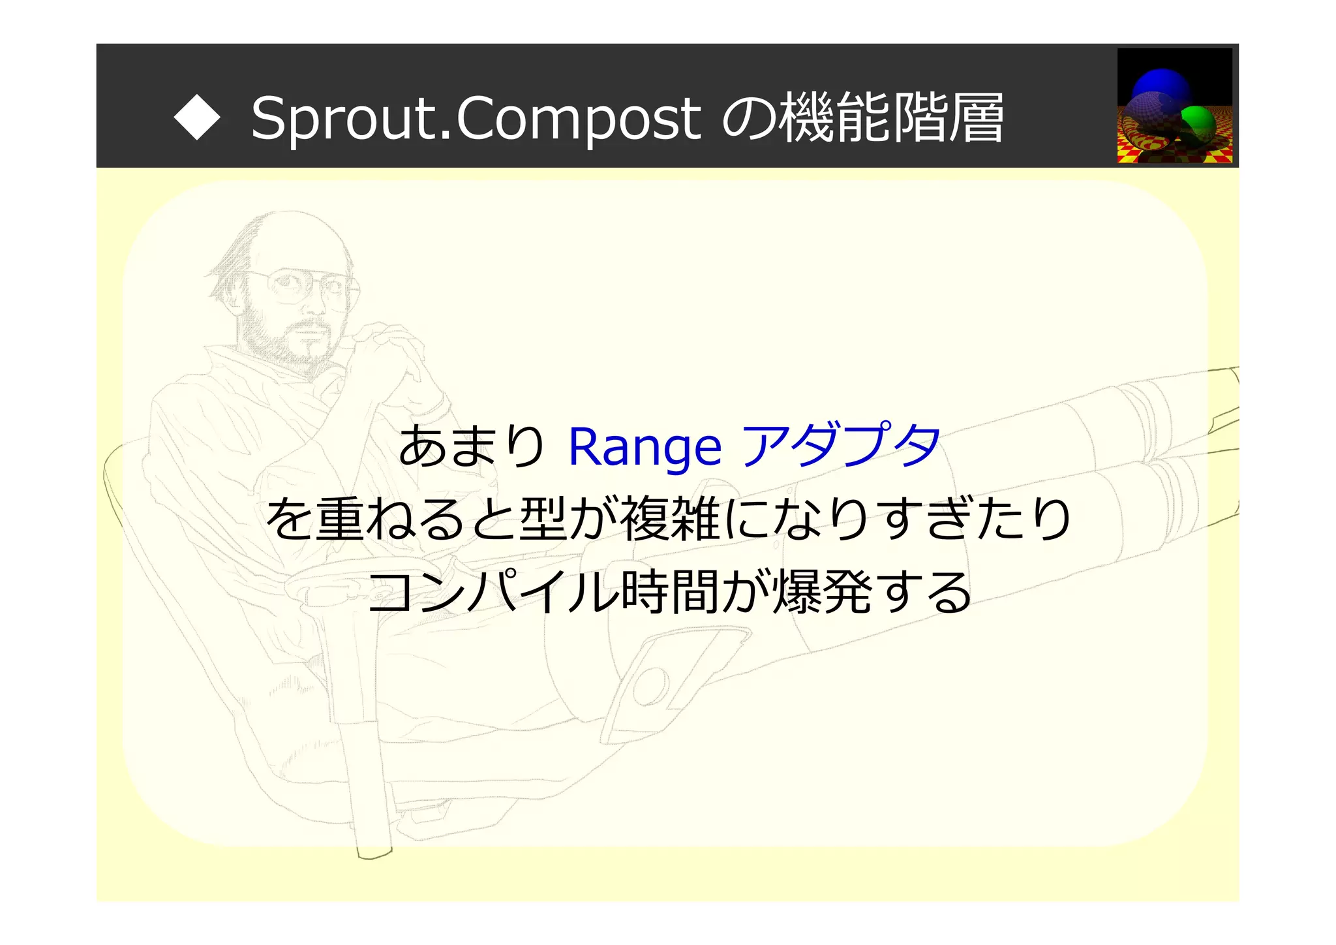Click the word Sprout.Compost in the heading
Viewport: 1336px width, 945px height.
pyautogui.click(x=476, y=119)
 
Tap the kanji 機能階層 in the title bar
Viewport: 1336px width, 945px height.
pyautogui.click(x=892, y=117)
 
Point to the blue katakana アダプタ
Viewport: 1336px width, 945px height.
pyautogui.click(x=842, y=445)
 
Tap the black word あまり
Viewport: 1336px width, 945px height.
pyautogui.click(x=471, y=446)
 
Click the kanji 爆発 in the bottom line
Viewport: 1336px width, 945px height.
pyautogui.click(x=821, y=591)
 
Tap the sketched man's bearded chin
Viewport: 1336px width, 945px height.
pyautogui.click(x=312, y=349)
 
